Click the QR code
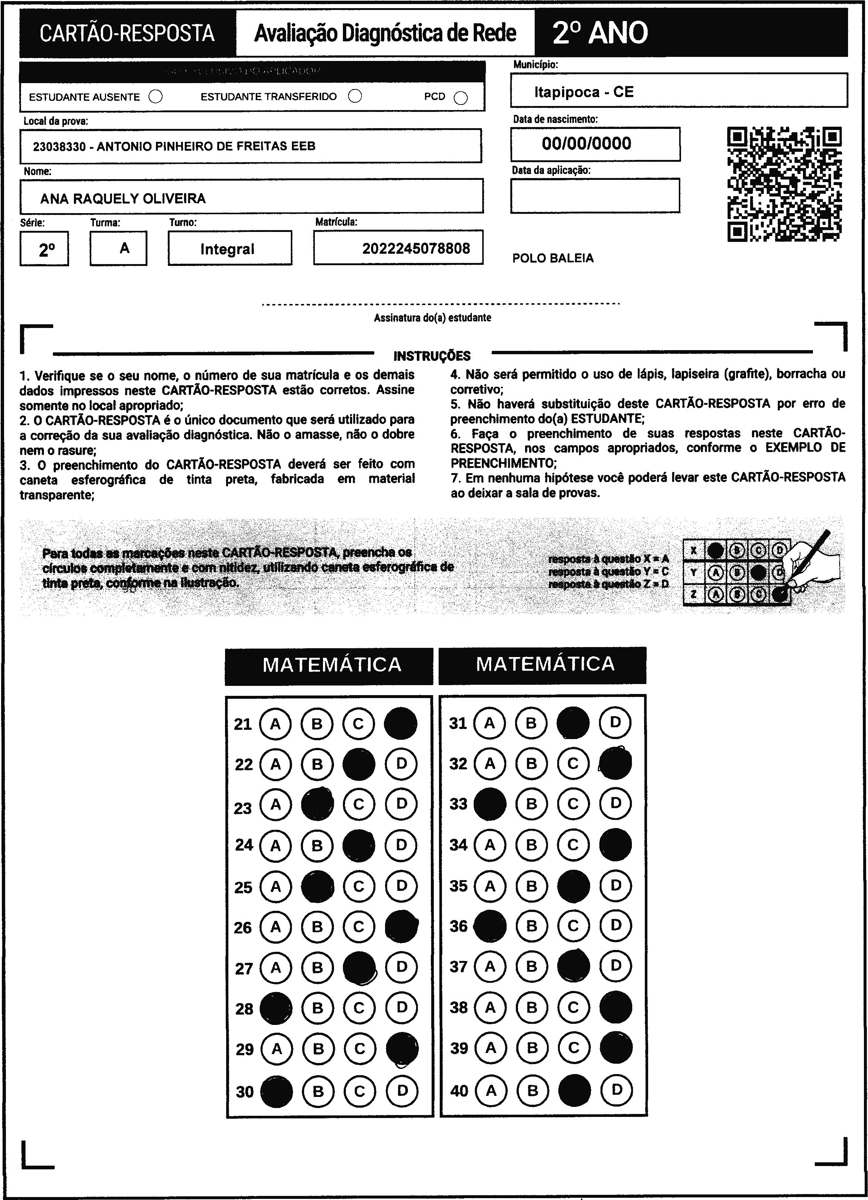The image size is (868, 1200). click(x=784, y=184)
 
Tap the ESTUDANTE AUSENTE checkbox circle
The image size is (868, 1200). click(x=156, y=97)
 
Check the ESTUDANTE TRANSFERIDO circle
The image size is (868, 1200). click(x=355, y=96)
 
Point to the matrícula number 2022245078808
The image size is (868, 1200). click(x=416, y=249)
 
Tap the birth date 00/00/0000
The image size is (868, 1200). click(x=586, y=143)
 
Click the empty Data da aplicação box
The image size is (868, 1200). click(x=595, y=196)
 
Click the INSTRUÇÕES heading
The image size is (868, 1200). click(x=432, y=356)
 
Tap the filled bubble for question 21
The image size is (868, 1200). click(x=401, y=723)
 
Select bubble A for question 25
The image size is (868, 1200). click(x=275, y=886)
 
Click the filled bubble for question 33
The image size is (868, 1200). click(x=490, y=804)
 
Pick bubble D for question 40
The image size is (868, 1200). click(x=617, y=1090)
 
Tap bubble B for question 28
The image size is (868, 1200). click(x=317, y=1008)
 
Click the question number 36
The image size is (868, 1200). click(x=458, y=926)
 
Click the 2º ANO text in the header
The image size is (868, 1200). click(x=600, y=33)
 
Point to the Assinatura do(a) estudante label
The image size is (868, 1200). click(x=432, y=318)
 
